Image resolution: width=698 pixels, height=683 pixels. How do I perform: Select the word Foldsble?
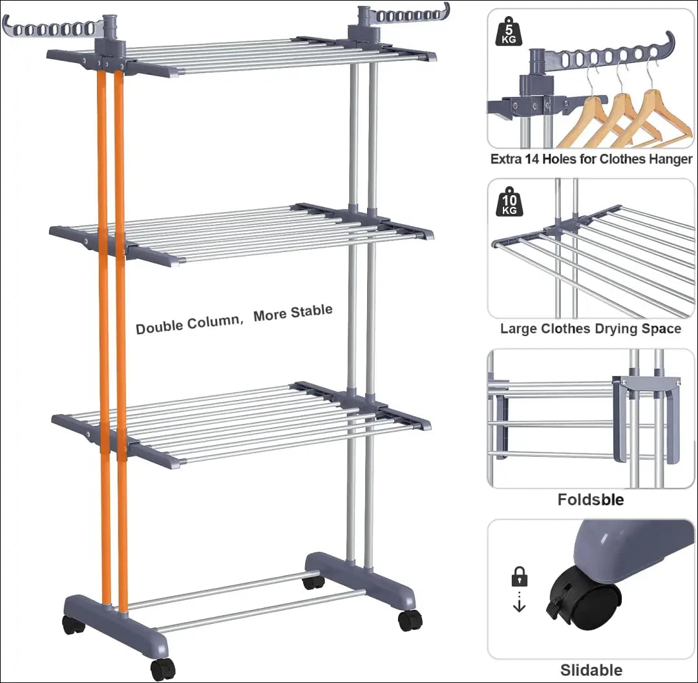591,499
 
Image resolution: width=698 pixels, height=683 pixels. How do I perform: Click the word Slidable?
591,670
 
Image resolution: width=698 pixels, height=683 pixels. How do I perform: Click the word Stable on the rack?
311,311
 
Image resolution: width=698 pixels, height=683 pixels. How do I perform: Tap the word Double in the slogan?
159,326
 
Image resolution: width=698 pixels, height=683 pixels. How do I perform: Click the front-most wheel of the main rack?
163,669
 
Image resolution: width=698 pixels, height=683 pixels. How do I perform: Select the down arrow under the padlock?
520,605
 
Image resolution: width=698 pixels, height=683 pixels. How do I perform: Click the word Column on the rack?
213,321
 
